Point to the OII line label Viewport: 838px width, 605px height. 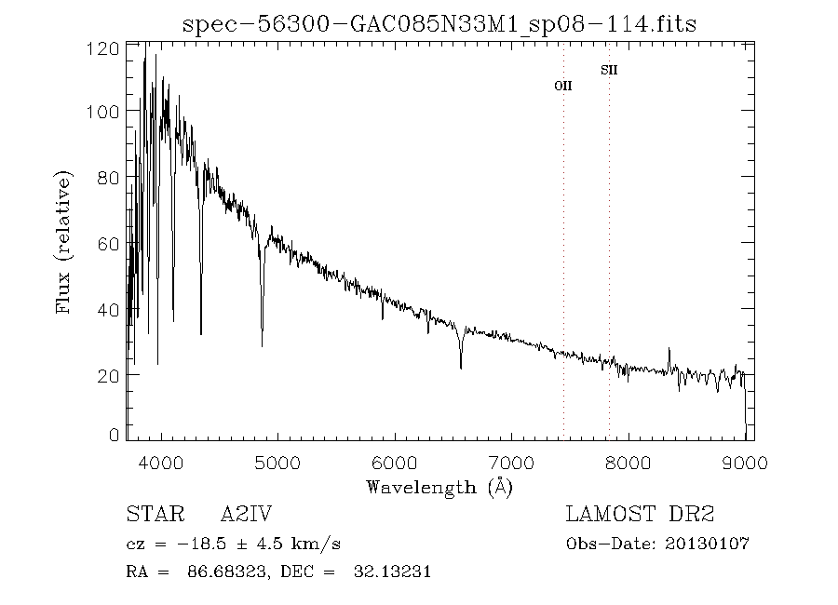click(563, 86)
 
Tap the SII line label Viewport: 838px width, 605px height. click(609, 70)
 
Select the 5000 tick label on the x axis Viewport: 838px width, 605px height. click(277, 463)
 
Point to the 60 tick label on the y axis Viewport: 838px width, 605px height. click(109, 243)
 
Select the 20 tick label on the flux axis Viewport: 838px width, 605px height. click(109, 374)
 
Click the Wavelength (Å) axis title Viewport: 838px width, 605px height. click(439, 487)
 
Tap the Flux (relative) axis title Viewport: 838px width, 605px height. click(64, 242)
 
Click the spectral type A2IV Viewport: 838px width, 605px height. click(246, 515)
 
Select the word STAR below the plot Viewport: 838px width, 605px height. click(152, 515)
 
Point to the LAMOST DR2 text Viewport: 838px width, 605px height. click(640, 515)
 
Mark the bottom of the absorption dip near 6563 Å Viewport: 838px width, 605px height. click(460, 368)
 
